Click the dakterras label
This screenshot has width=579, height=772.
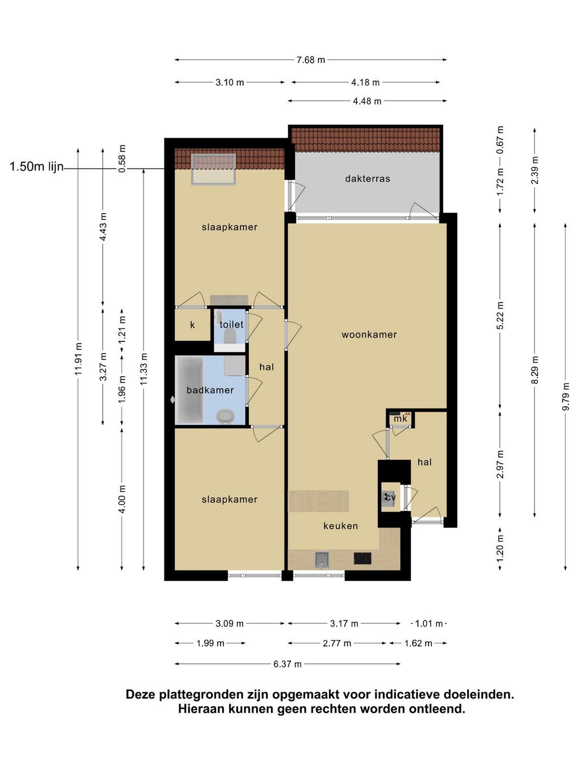368,179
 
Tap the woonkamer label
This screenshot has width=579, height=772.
369,334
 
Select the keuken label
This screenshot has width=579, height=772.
340,526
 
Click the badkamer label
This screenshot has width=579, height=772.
210,390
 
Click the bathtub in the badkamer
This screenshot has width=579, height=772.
189,390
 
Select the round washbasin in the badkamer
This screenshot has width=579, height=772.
226,416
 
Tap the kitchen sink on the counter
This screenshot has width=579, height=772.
322,559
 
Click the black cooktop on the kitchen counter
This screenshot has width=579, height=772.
362,559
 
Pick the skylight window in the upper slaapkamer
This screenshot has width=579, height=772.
213,169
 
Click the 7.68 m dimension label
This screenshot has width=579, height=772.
311,60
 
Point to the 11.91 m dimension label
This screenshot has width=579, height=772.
78,359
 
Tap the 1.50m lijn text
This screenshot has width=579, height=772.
37,167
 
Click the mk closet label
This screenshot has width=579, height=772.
400,419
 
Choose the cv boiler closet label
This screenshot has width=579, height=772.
390,497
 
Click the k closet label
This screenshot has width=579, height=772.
192,325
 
